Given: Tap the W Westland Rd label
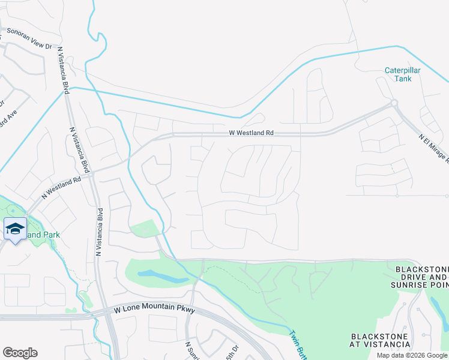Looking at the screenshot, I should pyautogui.click(x=251, y=133).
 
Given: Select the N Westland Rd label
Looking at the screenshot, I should pyautogui.click(x=61, y=188).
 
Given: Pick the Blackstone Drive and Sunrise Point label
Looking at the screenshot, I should pyautogui.click(x=421, y=276).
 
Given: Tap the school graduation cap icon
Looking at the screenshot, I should pyautogui.click(x=15, y=229).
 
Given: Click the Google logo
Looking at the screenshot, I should pyautogui.click(x=20, y=353).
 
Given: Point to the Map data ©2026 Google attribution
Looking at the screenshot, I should pyautogui.click(x=412, y=355).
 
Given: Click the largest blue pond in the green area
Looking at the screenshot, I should pyautogui.click(x=163, y=276).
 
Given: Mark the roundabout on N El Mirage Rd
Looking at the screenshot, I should pyautogui.click(x=394, y=103).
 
